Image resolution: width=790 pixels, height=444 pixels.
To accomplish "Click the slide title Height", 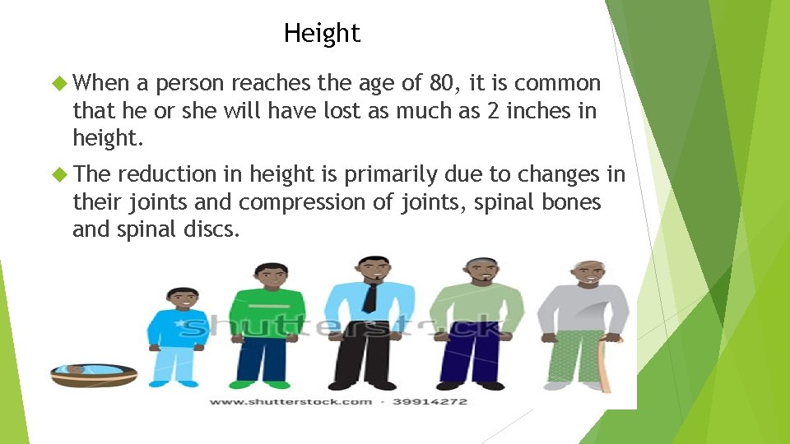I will pyautogui.click(x=322, y=34).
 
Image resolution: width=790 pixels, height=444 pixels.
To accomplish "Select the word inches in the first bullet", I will pyautogui.click(x=541, y=110).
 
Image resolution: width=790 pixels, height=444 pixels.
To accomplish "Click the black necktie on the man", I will pyautogui.click(x=371, y=295).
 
